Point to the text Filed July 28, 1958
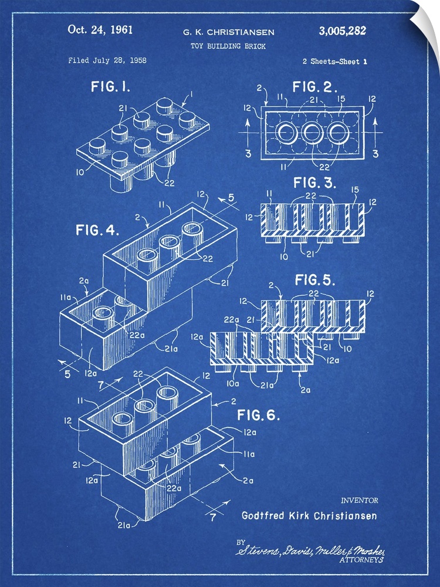pyautogui.click(x=107, y=60)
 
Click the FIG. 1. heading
pyautogui.click(x=110, y=87)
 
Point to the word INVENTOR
pyautogui.click(x=359, y=500)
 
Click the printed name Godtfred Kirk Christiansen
pyautogui.click(x=309, y=516)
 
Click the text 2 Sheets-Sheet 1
pyautogui.click(x=335, y=61)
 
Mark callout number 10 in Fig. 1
pyautogui.click(x=81, y=172)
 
